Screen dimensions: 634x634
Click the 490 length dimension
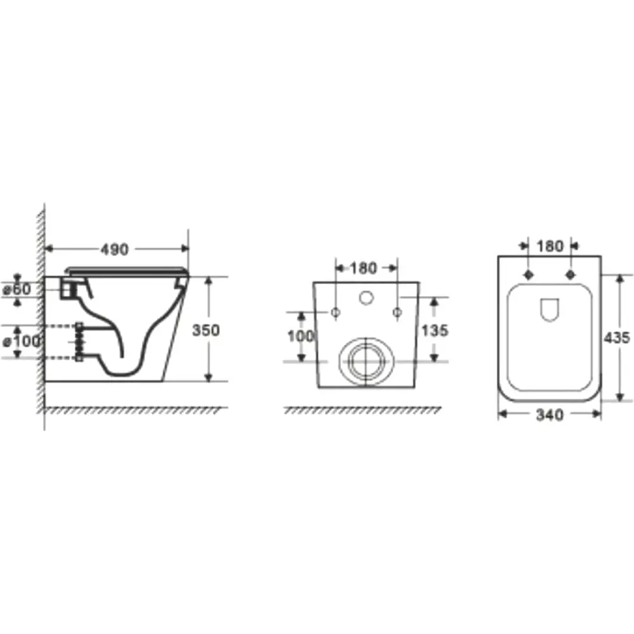point(115,249)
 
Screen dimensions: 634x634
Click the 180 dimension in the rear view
point(363,268)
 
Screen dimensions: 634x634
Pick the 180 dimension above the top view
point(550,245)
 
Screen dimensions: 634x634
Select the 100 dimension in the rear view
point(301,336)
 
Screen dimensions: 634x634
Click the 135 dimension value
point(434,330)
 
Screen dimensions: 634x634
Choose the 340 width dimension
point(550,415)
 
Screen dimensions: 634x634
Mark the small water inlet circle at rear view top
point(366,297)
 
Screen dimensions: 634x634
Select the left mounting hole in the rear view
point(335,311)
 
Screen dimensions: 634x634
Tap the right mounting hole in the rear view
point(397,311)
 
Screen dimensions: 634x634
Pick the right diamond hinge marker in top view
point(570,275)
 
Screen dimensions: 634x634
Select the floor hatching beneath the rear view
point(361,411)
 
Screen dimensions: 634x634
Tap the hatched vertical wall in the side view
point(40,317)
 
